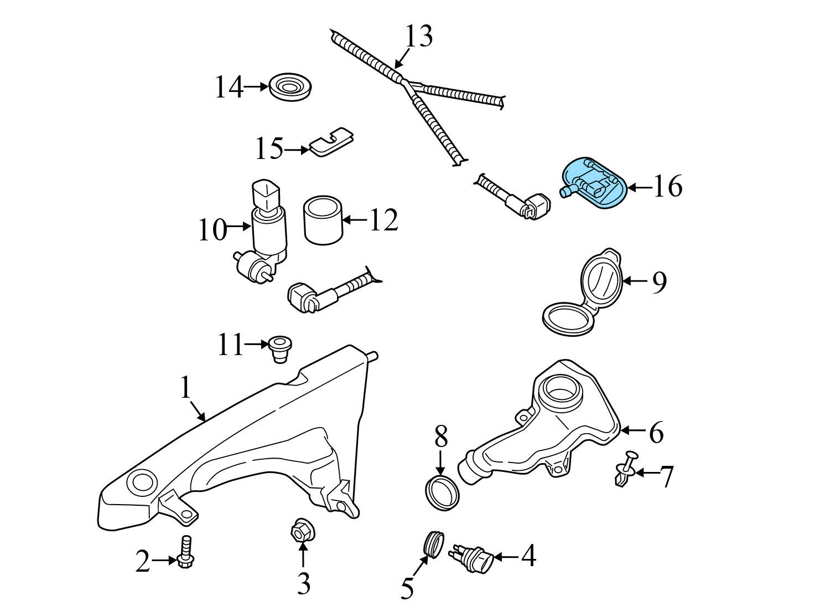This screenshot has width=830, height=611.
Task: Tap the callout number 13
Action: (418, 37)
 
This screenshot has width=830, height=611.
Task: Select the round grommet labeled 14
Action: (290, 87)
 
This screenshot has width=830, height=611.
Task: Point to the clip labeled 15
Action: (331, 142)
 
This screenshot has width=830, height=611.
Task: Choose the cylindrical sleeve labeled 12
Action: (323, 220)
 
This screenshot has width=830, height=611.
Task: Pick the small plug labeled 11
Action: (281, 348)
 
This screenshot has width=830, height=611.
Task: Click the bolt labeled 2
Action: (185, 552)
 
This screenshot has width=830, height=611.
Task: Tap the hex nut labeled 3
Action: (300, 532)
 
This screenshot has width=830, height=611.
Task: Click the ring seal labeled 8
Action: (443, 492)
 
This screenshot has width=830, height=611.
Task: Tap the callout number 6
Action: (656, 433)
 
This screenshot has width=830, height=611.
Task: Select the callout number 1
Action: (185, 387)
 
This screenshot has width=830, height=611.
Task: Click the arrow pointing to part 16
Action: (639, 187)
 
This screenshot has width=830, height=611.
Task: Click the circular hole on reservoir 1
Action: (142, 482)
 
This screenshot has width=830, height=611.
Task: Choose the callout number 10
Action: (212, 229)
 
